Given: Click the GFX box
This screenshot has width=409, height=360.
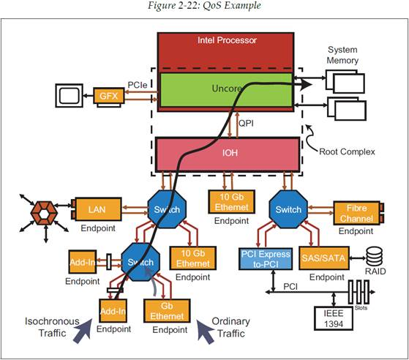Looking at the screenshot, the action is click(109, 96).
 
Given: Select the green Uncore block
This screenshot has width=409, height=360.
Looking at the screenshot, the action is click(226, 90).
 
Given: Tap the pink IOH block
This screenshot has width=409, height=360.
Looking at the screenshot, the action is click(228, 154).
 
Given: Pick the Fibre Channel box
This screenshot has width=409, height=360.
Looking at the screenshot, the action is click(356, 213).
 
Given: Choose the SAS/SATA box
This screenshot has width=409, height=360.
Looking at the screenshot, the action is click(323, 258).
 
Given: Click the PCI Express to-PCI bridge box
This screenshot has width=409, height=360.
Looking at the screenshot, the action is click(266, 259).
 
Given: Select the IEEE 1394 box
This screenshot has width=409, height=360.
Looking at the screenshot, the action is click(334, 318).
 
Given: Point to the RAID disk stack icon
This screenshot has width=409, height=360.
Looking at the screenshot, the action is click(375, 257).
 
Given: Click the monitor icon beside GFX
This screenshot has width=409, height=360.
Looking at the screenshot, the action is click(69, 95).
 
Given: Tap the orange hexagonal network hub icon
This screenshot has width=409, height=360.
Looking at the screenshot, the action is click(44, 213).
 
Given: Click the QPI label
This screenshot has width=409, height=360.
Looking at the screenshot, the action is click(246, 123).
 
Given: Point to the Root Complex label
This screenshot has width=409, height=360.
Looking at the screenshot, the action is click(347, 151).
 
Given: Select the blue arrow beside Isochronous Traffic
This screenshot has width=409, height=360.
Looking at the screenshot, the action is click(82, 331).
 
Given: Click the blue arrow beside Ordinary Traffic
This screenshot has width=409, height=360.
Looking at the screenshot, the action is click(206, 331).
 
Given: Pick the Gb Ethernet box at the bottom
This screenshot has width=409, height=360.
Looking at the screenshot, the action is click(167, 311).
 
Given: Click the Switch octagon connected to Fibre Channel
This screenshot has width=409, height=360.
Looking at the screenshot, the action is click(288, 209).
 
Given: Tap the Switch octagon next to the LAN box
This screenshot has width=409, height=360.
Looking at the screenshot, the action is click(167, 209).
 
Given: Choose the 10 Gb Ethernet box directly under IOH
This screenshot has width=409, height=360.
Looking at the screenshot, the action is click(231, 202).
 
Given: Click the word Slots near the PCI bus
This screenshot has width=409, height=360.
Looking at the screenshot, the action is click(361, 308).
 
